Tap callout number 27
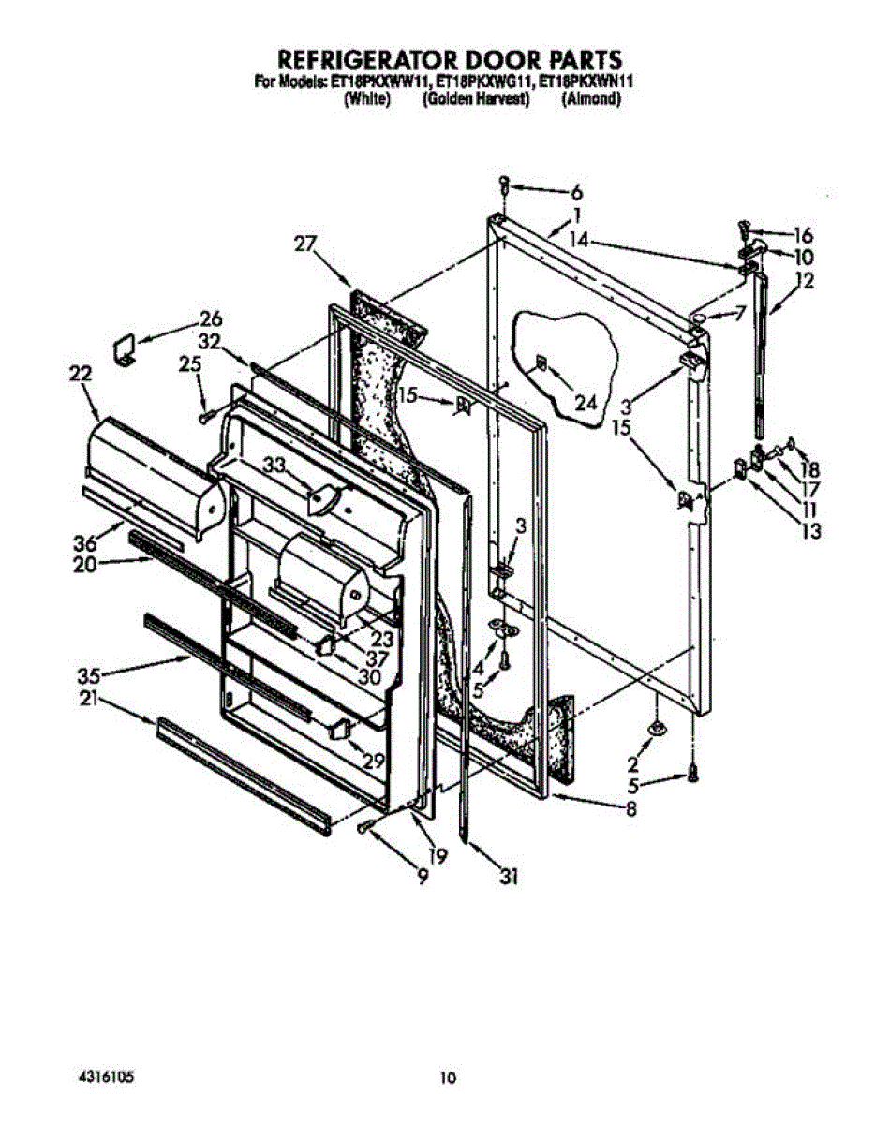[305, 244]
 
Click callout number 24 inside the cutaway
[585, 405]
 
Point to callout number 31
[509, 877]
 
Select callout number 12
[804, 279]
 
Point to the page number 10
[449, 1078]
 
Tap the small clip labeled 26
[122, 349]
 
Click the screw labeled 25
[204, 414]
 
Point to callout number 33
[273, 464]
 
